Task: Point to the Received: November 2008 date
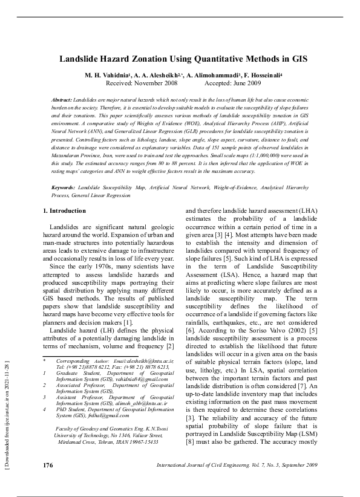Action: tap(140, 83)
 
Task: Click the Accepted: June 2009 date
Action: tap(233, 83)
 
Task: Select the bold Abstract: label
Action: tap(62, 99)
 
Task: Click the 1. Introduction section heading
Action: tap(68, 194)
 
